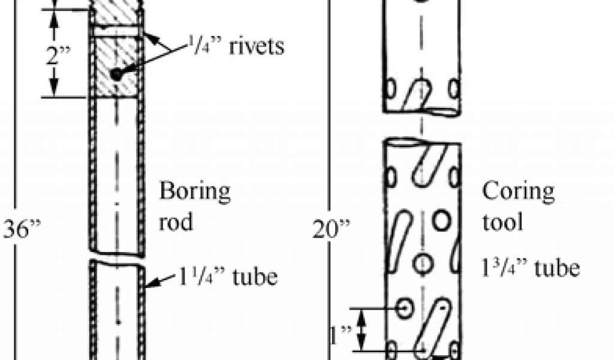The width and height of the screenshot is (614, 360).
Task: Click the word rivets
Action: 256,46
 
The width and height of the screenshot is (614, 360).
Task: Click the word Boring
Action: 194,192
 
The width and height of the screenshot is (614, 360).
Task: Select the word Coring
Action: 518,192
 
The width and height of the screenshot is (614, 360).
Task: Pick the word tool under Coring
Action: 503,222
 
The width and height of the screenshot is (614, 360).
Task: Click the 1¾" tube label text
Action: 531,268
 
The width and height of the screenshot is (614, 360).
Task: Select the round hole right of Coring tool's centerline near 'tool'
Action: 442,221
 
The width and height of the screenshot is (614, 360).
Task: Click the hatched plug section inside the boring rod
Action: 116,66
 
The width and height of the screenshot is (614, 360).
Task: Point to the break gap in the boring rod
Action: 116,258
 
